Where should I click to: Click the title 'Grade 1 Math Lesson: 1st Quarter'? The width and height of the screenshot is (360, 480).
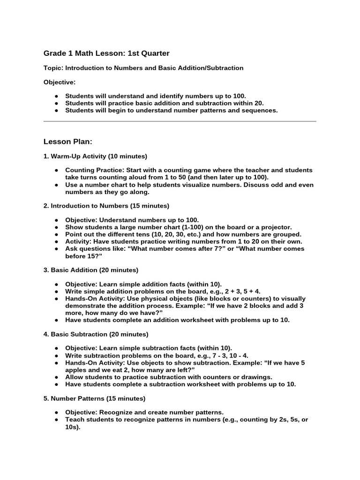point(106,53)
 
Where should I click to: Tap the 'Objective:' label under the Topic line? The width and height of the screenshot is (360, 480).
point(60,82)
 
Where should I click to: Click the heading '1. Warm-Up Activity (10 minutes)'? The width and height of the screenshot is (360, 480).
point(95,156)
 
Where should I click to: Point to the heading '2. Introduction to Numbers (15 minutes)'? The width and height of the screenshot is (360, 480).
point(106,206)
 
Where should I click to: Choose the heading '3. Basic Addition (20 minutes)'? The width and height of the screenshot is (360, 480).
point(91,270)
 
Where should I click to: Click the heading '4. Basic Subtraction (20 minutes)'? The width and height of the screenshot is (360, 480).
point(96,334)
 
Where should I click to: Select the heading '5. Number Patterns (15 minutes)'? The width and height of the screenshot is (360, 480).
point(94,398)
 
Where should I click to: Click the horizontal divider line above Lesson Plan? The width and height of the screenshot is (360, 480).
point(180,122)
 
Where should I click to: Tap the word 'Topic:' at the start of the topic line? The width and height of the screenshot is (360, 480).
point(53,68)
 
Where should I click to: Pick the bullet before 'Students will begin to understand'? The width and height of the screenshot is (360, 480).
point(56,111)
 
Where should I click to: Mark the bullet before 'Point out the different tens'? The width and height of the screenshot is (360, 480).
point(56,234)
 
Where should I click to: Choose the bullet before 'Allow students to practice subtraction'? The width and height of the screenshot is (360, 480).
point(56,377)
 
